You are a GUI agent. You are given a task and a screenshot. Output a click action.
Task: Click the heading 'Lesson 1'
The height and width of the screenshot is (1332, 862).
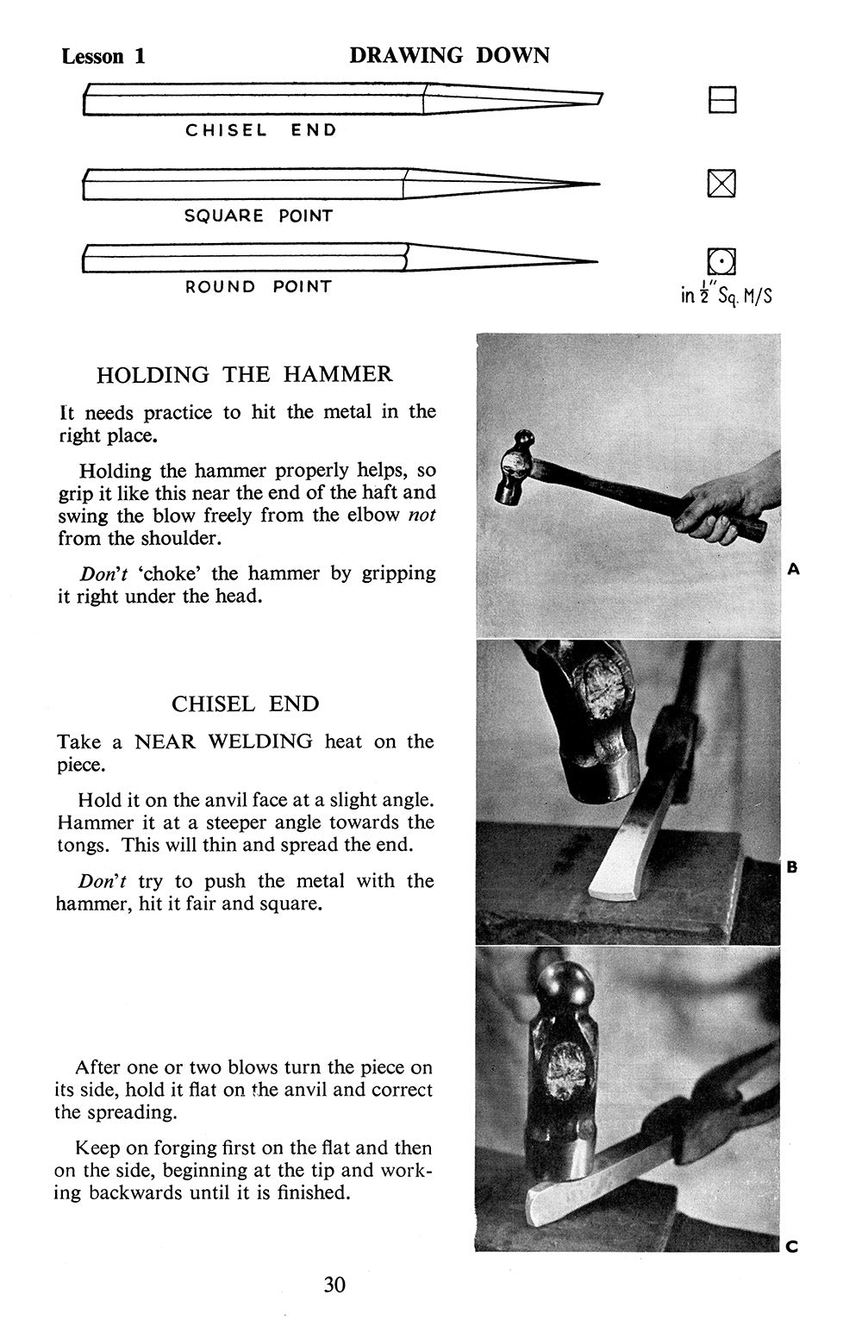click(103, 57)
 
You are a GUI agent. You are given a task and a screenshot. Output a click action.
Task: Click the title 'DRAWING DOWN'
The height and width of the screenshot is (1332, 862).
click(449, 56)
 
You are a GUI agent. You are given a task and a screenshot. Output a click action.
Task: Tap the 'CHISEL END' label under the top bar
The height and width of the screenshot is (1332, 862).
click(261, 130)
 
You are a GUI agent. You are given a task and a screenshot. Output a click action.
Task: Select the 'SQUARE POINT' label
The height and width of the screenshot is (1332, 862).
click(258, 216)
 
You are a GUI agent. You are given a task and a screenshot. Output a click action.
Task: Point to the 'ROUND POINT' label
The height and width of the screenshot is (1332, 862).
click(258, 286)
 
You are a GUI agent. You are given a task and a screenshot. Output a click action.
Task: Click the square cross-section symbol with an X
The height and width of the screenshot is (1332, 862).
click(721, 184)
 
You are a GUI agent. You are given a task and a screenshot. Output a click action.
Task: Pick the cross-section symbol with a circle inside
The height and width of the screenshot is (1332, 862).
click(721, 260)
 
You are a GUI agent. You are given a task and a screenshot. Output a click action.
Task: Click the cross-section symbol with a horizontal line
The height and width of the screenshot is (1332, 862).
click(722, 101)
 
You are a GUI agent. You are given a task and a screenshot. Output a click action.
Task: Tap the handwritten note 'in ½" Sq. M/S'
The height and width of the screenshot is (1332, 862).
click(726, 293)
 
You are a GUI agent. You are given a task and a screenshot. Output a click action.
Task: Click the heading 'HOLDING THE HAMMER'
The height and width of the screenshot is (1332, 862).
click(244, 374)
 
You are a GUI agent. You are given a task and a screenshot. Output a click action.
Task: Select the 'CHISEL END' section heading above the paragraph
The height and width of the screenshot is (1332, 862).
click(245, 704)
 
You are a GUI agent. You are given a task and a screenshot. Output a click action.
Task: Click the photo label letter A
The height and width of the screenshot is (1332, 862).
click(794, 569)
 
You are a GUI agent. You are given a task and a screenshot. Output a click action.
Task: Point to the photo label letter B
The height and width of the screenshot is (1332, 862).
click(792, 866)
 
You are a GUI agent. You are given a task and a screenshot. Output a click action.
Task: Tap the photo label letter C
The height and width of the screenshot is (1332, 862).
click(792, 1246)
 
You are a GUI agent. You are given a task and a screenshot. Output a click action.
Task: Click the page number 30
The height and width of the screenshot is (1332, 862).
click(334, 1285)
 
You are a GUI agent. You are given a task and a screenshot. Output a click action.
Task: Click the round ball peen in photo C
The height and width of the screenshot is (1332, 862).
click(565, 984)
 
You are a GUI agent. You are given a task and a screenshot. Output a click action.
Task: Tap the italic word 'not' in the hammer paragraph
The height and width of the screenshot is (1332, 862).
click(422, 516)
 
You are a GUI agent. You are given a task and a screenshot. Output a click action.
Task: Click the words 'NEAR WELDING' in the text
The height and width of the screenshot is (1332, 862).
click(223, 741)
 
